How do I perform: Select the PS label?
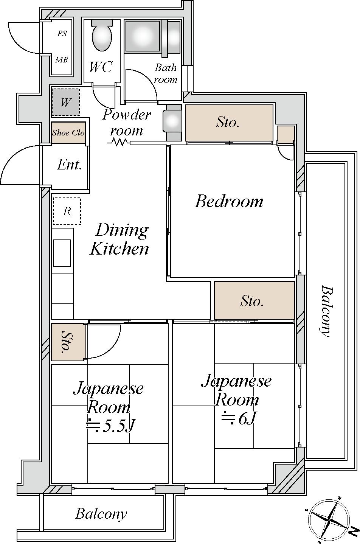62,34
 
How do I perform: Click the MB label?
61,60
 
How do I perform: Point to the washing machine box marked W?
66,102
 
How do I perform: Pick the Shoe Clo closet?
68,133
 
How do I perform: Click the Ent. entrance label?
69,165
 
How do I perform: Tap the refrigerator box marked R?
67,211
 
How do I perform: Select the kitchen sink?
62,253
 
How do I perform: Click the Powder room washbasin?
172,121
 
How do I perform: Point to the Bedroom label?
229,201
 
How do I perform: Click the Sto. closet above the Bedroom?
228,123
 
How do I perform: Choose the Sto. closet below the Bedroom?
254,301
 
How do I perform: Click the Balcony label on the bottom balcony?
101,514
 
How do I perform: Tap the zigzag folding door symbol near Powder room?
119,142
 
